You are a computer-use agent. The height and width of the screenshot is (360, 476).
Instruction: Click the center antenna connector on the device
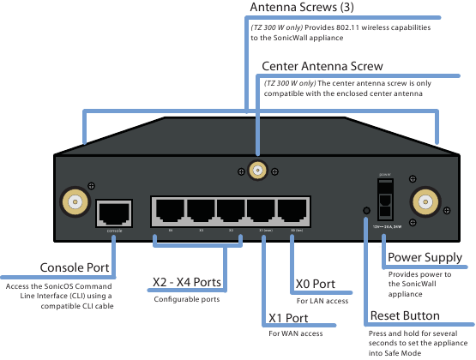256,171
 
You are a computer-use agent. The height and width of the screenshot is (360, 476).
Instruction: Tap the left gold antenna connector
75,203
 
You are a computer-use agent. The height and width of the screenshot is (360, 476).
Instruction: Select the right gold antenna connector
423,203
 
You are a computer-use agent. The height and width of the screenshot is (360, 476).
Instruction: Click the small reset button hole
367,211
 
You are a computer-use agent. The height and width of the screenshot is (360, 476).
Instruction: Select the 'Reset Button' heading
404,316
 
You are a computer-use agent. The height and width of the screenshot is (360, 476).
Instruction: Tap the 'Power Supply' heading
425,257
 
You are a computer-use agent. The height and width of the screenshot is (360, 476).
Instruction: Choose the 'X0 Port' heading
322,285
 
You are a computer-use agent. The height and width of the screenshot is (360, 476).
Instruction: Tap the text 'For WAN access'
297,333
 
